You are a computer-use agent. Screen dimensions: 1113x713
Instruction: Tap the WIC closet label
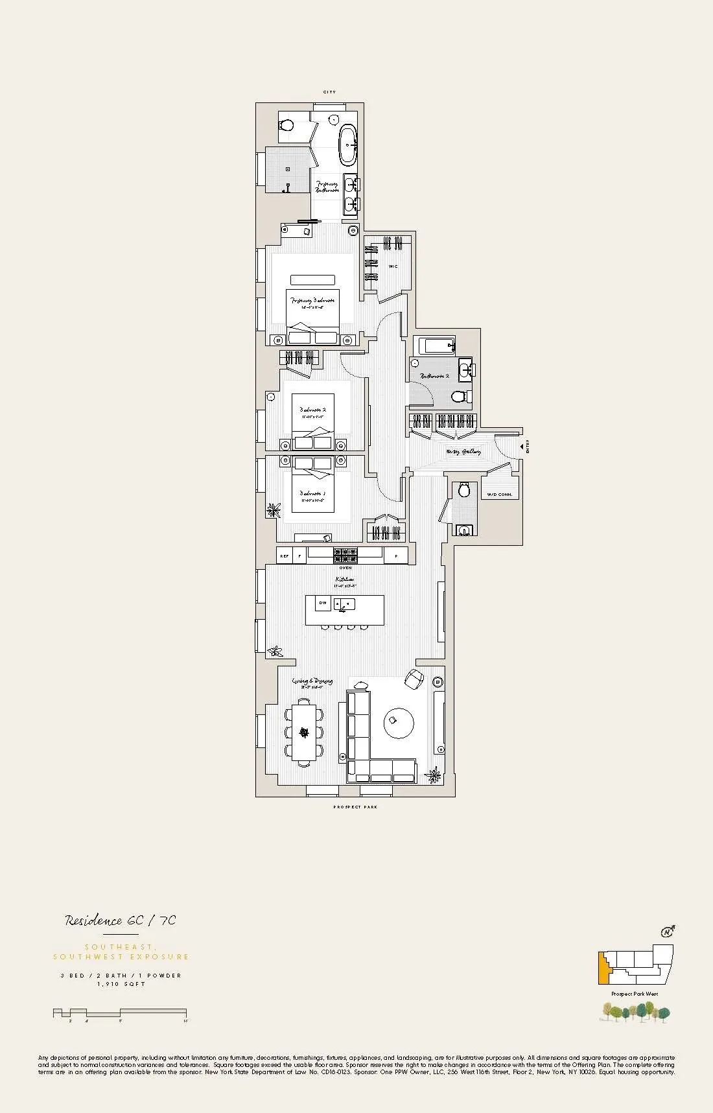(x=393, y=266)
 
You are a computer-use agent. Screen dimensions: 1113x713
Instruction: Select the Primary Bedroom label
(x=313, y=301)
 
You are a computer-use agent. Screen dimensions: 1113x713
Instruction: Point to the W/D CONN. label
(x=499, y=495)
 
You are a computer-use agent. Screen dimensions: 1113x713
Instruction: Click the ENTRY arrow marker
(x=522, y=447)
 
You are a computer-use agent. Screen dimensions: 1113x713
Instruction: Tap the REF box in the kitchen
(x=284, y=556)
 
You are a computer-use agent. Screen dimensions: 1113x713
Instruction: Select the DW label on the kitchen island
(x=323, y=603)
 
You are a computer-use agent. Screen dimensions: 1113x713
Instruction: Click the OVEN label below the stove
(x=345, y=568)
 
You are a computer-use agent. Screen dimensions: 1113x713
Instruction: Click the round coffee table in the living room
(x=399, y=722)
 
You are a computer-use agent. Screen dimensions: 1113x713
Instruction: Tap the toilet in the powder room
(x=463, y=490)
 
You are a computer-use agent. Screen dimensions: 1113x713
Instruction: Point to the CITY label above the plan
(x=330, y=93)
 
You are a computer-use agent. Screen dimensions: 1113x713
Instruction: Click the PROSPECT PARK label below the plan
(x=355, y=807)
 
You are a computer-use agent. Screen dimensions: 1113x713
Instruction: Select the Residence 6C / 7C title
(x=121, y=920)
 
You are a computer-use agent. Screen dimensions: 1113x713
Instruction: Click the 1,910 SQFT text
(x=121, y=984)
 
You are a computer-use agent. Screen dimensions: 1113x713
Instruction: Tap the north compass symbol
(x=666, y=932)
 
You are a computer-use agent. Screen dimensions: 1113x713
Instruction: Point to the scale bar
(x=120, y=1013)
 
